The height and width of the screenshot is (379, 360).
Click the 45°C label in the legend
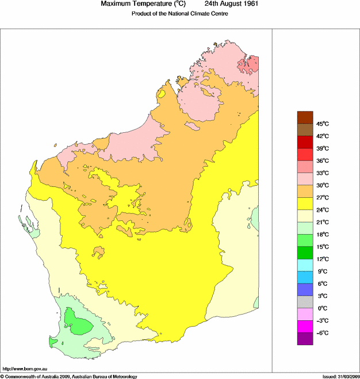(x=322, y=124)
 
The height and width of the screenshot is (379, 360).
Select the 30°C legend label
(x=322, y=185)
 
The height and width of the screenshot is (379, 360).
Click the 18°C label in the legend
(x=322, y=235)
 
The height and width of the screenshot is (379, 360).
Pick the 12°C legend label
(x=322, y=259)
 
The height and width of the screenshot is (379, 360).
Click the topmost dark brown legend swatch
(x=305, y=117)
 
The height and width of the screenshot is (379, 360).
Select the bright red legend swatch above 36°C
(x=305, y=154)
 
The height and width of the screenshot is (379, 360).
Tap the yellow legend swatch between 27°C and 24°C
(x=305, y=204)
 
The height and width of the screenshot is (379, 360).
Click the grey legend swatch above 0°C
(x=305, y=302)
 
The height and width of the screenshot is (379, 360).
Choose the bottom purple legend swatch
(x=305, y=339)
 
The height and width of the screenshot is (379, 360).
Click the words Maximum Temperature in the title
(x=137, y=4)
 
